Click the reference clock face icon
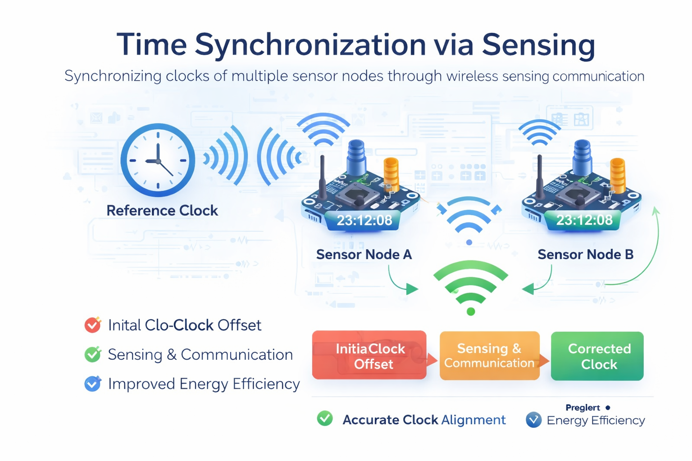[158, 160]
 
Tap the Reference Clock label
[162, 211]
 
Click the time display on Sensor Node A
[364, 220]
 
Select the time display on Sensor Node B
[584, 220]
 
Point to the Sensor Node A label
[364, 255]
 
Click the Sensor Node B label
[585, 255]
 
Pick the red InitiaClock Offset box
[369, 356]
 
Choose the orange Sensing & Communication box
[489, 356]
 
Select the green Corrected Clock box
[597, 356]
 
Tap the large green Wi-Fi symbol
[471, 286]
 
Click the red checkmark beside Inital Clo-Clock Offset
[93, 325]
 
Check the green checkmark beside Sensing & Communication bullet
[93, 354]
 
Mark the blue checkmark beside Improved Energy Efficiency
[93, 384]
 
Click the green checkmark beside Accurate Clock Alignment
[325, 419]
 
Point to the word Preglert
[583, 408]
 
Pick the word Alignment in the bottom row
[473, 420]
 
